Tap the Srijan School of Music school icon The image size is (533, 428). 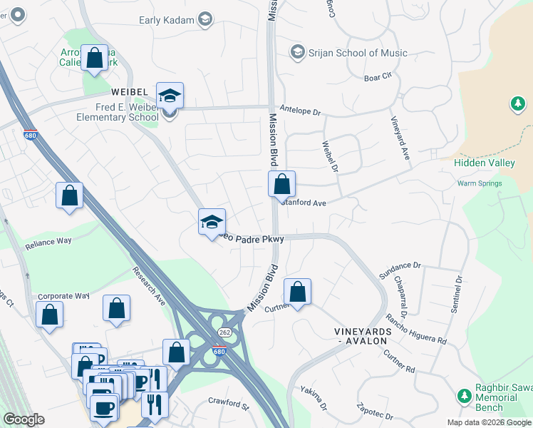pos(297,53)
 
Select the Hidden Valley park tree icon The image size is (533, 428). pos(517,106)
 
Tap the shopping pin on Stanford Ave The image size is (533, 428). pos(282,184)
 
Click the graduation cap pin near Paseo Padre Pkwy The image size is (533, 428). pos(212,222)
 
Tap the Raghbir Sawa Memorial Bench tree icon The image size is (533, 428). pos(465,395)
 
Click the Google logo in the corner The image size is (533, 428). pos(24,419)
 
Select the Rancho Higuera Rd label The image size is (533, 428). pos(416,330)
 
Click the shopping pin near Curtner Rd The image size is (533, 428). pos(298,292)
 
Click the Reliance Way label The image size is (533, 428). pos(48,242)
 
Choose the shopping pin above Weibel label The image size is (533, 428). pos(94,58)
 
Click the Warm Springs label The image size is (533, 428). pos(480,183)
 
